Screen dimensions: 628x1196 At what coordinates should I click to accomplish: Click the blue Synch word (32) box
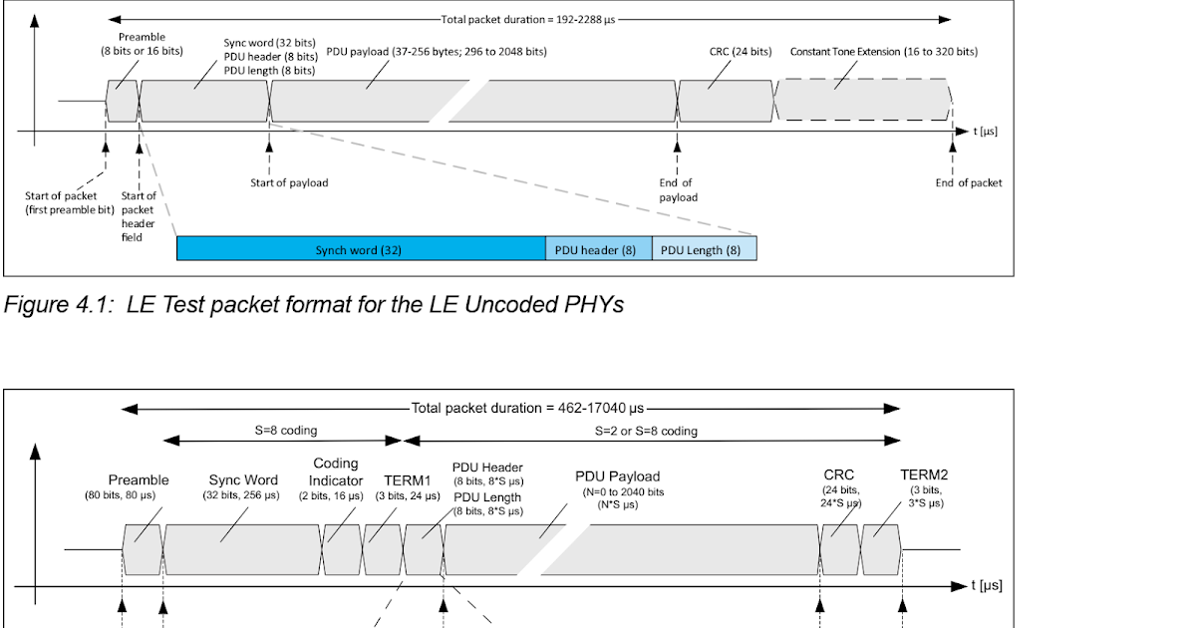(x=360, y=249)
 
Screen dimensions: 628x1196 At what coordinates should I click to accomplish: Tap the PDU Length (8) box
(x=704, y=249)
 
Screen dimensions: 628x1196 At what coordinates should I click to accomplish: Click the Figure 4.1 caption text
(x=314, y=305)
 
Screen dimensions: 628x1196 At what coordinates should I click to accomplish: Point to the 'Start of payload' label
(x=289, y=182)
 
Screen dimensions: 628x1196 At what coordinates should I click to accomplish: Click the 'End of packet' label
(x=968, y=182)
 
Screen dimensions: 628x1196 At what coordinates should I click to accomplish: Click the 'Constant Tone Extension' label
(x=883, y=52)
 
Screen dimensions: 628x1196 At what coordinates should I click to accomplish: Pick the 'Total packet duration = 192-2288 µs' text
(x=528, y=19)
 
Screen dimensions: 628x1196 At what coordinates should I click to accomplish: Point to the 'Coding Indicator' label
(x=335, y=471)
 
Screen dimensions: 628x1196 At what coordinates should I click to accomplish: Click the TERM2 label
(x=923, y=474)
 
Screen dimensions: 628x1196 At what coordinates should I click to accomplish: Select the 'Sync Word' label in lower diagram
(x=242, y=479)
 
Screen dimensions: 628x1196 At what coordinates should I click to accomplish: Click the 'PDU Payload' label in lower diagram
(x=618, y=476)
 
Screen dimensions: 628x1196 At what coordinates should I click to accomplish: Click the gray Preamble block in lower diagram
(x=142, y=547)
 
